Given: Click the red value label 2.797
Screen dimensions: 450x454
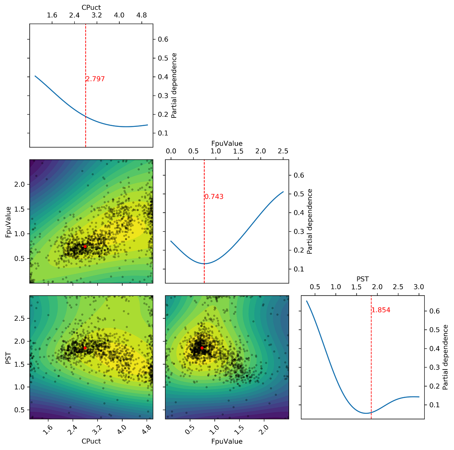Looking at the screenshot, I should pos(95,79).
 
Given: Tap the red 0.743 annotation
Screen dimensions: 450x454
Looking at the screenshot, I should pos(214,197).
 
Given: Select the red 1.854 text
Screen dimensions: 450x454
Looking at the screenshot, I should pos(381,310).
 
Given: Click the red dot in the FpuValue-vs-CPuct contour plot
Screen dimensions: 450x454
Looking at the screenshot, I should pos(85,246).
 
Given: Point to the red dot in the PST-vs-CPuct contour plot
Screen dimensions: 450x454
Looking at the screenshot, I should pos(85,348).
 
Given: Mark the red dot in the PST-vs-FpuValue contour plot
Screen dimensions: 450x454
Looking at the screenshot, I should pos(202,348).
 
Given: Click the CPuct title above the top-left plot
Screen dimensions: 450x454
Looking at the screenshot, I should pos(91,7).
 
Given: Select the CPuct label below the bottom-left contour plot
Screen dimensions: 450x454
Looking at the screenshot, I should pos(91,441).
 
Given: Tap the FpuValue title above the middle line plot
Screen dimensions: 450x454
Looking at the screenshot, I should pos(227,143).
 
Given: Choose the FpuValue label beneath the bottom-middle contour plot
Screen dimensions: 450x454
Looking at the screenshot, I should pos(227,441).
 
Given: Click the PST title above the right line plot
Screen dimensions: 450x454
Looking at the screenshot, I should pos(363,279).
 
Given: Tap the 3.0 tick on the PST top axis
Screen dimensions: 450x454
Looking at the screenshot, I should pos(419,287).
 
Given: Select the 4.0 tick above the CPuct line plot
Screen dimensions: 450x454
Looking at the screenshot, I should pos(119,15).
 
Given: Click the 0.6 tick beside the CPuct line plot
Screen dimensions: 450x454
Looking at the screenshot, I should pos(163,39).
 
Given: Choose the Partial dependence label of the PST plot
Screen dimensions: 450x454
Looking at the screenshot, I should pos(445,357).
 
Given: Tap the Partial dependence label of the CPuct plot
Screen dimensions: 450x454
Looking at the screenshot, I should pos(174,85).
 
